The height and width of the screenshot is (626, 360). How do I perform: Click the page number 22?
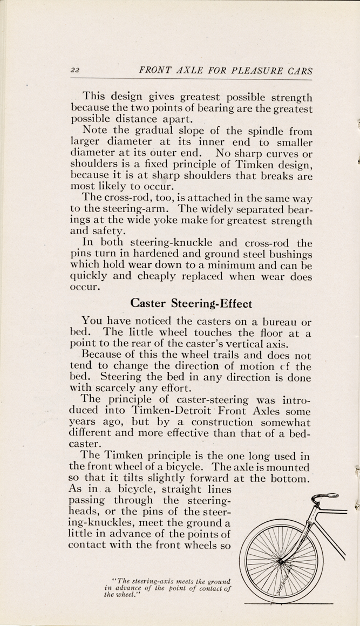click(75, 71)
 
